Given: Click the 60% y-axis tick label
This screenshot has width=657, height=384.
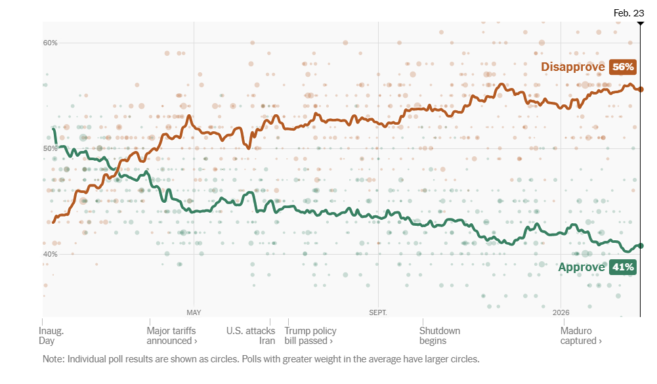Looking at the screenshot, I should point(51,43).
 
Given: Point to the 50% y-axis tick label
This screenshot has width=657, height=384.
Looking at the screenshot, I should point(51,149).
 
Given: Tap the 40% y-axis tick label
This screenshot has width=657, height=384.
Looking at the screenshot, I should point(51,255).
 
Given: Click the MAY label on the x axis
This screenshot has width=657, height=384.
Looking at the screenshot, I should point(194,312).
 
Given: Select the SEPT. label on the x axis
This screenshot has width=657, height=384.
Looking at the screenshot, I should point(378,312).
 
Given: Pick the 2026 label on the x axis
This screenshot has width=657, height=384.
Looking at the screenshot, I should point(561,312).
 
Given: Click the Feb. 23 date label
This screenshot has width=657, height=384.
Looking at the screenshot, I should point(629,13).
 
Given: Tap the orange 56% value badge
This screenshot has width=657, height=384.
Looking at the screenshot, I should point(622,67).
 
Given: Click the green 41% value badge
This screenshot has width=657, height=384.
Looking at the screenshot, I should point(622,267).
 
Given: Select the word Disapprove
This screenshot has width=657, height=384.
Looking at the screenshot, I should point(572,67).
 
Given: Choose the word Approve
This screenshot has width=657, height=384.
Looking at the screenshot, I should point(581,267).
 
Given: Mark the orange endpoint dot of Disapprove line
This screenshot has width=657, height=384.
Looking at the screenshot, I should point(641,89).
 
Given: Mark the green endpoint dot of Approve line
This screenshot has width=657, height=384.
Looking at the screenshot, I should point(641,246).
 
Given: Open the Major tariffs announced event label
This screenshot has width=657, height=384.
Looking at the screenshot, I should point(172,336).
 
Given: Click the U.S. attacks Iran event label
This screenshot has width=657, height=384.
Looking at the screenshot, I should point(251,336).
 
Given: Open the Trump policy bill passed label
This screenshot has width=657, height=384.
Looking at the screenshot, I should point(310,336).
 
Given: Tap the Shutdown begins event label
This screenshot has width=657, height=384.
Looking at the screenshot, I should point(440,336).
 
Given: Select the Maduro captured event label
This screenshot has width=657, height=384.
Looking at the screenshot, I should point(581,336).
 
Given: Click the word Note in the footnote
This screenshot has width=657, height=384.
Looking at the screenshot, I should point(53,360).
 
